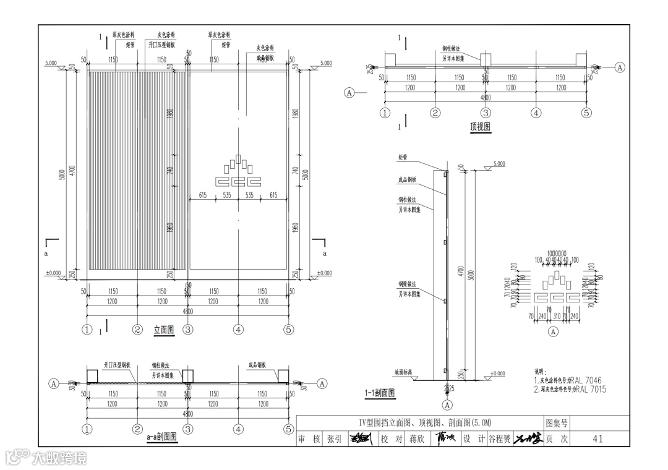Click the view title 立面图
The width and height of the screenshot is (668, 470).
point(164,330)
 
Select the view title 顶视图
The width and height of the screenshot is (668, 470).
point(480,127)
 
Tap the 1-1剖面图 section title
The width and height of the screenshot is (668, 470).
point(380,392)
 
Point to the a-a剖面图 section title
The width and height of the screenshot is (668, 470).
point(162,437)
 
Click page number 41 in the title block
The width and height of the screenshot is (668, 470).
point(597,439)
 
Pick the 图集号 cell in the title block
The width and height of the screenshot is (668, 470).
point(557,423)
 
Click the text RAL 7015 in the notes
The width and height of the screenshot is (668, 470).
point(589,390)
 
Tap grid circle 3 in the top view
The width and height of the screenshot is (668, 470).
point(486,113)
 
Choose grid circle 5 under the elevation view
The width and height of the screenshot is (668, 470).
point(288,330)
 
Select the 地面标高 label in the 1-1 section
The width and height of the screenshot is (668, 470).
point(406,373)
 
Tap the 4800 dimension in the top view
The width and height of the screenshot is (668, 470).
point(486,98)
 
